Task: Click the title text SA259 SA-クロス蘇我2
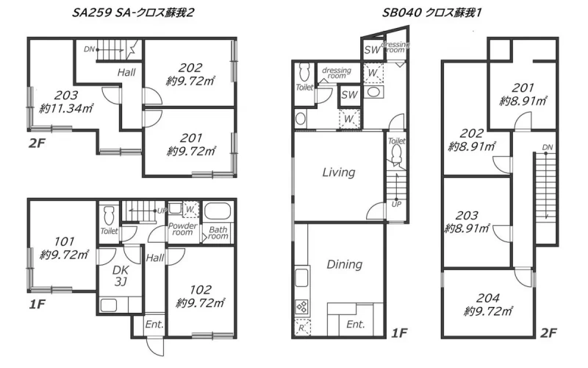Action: coord(133,13)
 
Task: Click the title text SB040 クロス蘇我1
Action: coord(431,13)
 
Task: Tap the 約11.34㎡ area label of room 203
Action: coord(66,109)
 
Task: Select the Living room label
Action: coord(339,172)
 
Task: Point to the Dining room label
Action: coord(344,264)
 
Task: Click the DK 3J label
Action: coord(121,275)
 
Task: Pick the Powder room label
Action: coord(182,229)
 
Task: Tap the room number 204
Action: coord(487,298)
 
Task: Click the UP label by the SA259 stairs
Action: coord(162,210)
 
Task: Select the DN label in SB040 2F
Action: coord(548,147)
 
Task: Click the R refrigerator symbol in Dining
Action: coord(301,328)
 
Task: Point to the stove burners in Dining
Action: coord(302,307)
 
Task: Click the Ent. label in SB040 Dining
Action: coord(356,324)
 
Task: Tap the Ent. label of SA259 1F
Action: coord(154,324)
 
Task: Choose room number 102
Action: coord(201,289)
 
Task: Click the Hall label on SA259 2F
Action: coord(126,72)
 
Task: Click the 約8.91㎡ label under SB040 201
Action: coord(523,101)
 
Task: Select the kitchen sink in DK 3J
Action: coord(109,305)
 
